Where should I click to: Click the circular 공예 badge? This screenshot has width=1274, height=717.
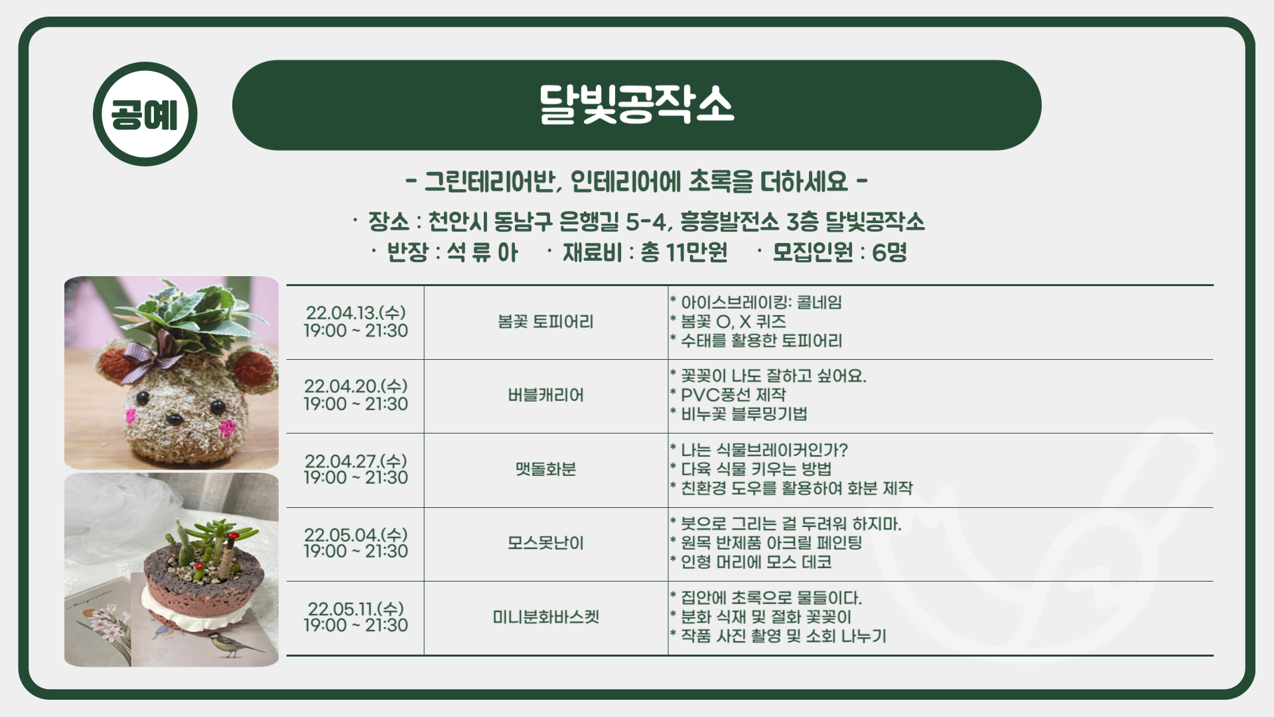pyautogui.click(x=145, y=114)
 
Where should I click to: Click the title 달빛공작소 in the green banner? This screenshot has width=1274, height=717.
pyautogui.click(x=636, y=105)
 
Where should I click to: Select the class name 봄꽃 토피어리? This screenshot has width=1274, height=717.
pyautogui.click(x=545, y=322)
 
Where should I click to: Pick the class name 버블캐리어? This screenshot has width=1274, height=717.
pyautogui.click(x=545, y=396)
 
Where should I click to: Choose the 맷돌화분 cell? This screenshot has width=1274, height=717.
pyautogui.click(x=545, y=469)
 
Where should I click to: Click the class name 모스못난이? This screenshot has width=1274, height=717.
pyautogui.click(x=545, y=543)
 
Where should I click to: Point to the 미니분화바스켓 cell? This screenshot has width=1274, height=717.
pyautogui.click(x=545, y=617)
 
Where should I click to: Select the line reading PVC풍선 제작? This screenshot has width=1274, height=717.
pyautogui.click(x=733, y=395)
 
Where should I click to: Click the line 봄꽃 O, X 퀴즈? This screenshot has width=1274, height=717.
pyautogui.click(x=733, y=322)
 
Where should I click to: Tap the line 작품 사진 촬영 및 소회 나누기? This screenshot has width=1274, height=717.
pyautogui.click(x=783, y=636)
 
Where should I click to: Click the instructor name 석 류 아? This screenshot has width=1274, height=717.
pyautogui.click(x=482, y=252)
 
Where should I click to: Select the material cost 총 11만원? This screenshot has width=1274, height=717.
pyautogui.click(x=683, y=252)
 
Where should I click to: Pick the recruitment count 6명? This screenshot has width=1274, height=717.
pyautogui.click(x=889, y=252)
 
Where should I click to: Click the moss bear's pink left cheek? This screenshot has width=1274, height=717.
pyautogui.click(x=131, y=416)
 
